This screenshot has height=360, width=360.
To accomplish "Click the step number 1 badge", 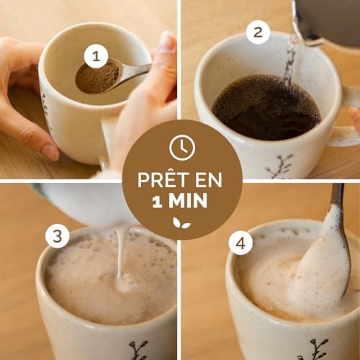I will coord(96,57).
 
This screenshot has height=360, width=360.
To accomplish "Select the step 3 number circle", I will coord(57,236).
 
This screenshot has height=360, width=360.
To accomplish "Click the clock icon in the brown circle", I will coord(182,148).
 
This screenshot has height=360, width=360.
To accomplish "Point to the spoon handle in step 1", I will coord(135,70).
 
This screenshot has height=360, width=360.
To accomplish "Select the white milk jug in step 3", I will coord(79,202).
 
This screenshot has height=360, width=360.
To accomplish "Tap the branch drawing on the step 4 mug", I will coord(318,348).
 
